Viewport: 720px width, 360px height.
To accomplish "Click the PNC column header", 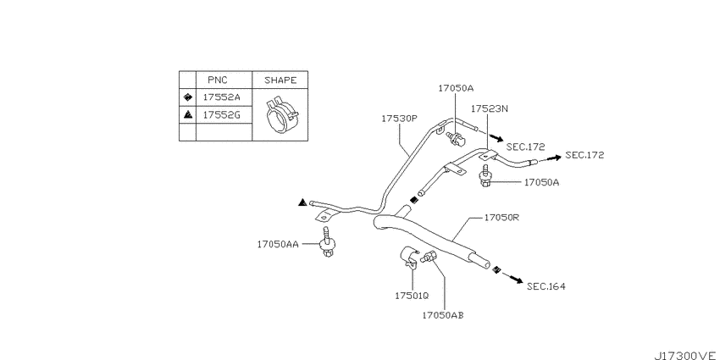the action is (x=217, y=80).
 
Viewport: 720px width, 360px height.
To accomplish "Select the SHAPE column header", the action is (x=280, y=80).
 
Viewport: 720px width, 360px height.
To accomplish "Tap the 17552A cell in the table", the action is (x=221, y=97).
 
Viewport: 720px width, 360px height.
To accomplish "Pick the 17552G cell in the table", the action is (x=221, y=115).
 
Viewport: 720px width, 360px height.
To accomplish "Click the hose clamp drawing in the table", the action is (x=281, y=115).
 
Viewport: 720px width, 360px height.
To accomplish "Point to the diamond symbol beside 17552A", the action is (x=187, y=97).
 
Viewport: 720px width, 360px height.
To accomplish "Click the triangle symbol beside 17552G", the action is (x=187, y=115).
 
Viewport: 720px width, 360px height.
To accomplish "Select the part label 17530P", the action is (x=399, y=119).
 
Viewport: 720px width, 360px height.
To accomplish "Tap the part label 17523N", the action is (x=490, y=108).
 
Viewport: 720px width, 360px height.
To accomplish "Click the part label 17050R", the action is (x=501, y=218).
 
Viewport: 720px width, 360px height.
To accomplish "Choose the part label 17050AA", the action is (x=277, y=244).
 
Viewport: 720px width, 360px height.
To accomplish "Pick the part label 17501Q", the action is (x=412, y=296).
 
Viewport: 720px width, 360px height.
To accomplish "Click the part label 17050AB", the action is (x=443, y=315).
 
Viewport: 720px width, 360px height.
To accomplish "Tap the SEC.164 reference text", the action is (x=546, y=286).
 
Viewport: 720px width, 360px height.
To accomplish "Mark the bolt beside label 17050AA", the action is (x=326, y=241).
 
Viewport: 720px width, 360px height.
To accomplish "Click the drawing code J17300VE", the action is (x=686, y=356).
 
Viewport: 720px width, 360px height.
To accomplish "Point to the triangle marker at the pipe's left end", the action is (x=302, y=202).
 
